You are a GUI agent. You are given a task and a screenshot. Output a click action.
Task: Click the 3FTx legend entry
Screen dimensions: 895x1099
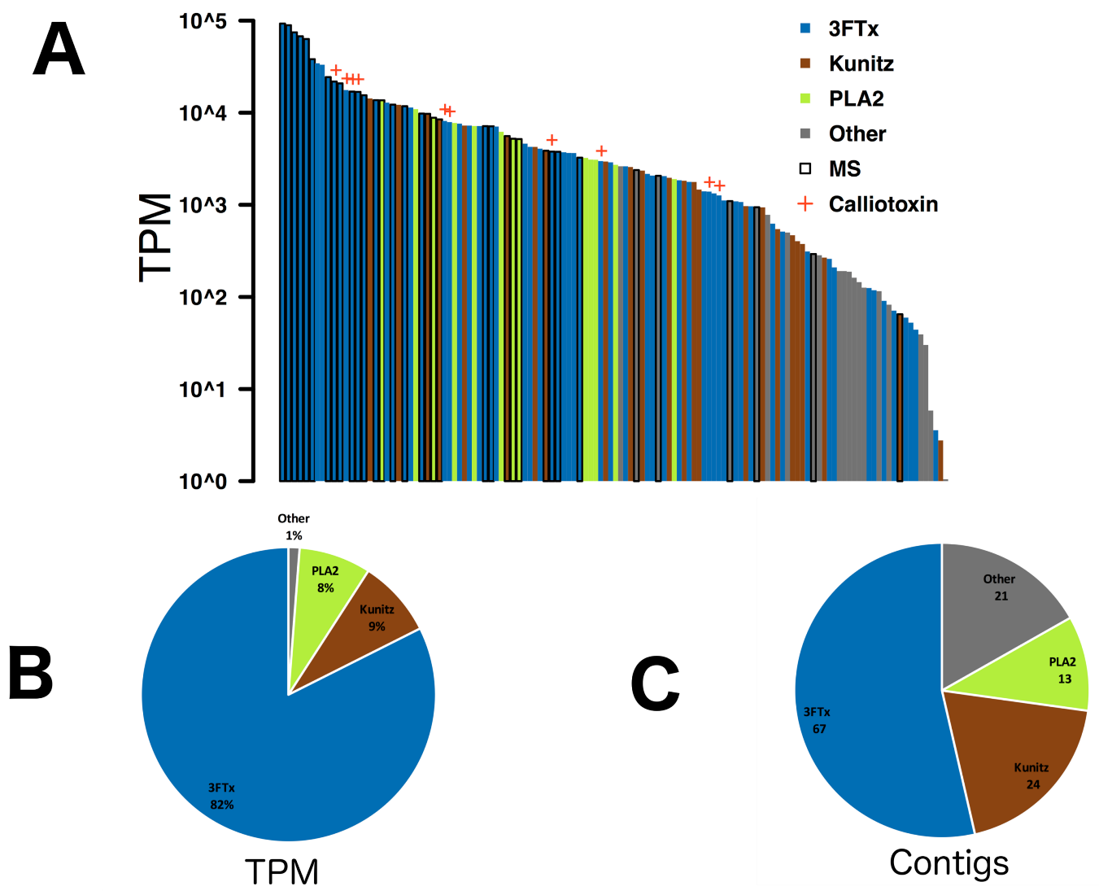point(853,28)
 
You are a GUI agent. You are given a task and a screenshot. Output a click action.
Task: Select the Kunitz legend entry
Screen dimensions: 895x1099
point(861,63)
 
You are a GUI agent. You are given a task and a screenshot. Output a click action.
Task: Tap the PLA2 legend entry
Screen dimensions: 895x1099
point(856,98)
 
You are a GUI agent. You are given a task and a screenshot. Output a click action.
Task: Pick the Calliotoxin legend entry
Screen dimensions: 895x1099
point(883,204)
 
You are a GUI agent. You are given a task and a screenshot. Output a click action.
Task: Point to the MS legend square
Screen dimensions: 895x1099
point(805,168)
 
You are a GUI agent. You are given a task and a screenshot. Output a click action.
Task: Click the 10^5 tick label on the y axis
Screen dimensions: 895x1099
point(203,20)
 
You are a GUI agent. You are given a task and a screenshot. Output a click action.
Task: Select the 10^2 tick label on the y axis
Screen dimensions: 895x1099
point(203,297)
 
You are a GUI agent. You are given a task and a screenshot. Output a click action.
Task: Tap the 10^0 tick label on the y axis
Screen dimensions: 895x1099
point(203,482)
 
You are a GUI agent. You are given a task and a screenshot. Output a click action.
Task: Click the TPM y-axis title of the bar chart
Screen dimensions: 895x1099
point(156,237)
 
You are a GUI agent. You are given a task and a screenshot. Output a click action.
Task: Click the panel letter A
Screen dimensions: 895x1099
point(59,50)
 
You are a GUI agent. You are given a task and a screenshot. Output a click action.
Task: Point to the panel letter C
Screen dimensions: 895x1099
point(655,684)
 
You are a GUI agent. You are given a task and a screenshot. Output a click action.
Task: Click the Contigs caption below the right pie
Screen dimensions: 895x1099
point(949,862)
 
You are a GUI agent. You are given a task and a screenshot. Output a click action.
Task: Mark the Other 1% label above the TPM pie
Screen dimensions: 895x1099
point(293,526)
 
